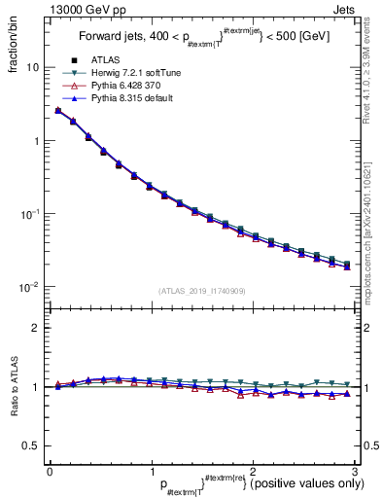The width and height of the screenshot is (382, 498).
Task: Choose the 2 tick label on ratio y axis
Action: point(35,328)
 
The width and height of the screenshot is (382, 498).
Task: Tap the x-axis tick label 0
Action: point(50,471)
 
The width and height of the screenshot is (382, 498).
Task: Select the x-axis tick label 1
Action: point(151,471)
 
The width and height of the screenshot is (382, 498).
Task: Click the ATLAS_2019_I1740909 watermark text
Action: point(201,291)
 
